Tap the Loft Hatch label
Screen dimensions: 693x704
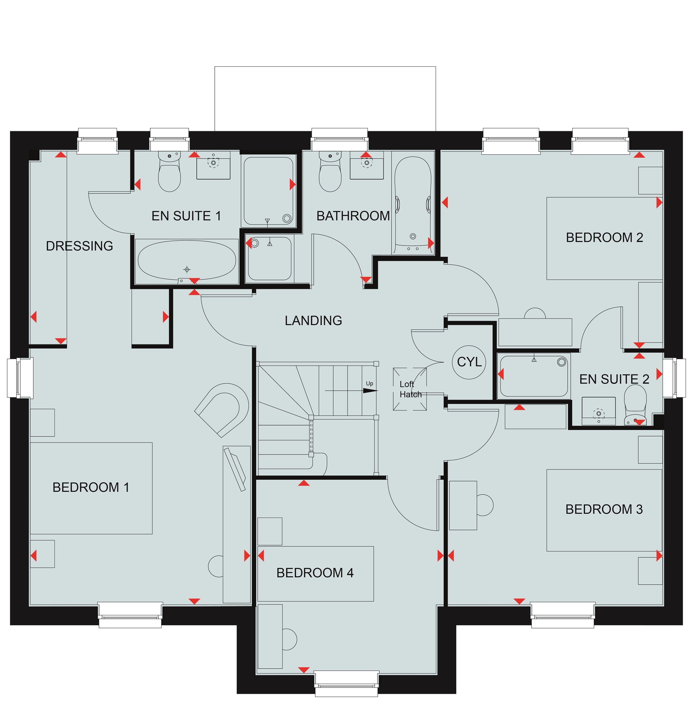(410, 389)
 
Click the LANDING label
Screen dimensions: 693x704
(313, 320)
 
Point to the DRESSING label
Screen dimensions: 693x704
(79, 246)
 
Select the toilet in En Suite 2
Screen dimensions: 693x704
(635, 405)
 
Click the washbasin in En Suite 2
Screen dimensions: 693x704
(599, 411)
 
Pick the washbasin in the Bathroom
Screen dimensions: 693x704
(367, 166)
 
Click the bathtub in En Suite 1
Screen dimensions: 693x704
(187, 261)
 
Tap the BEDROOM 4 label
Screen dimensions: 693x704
(315, 573)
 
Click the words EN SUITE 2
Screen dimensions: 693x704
(614, 379)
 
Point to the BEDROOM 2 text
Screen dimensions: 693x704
(604, 237)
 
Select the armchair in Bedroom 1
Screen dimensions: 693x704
(222, 410)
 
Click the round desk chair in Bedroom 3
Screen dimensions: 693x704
(485, 505)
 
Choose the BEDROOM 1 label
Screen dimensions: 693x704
(91, 487)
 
